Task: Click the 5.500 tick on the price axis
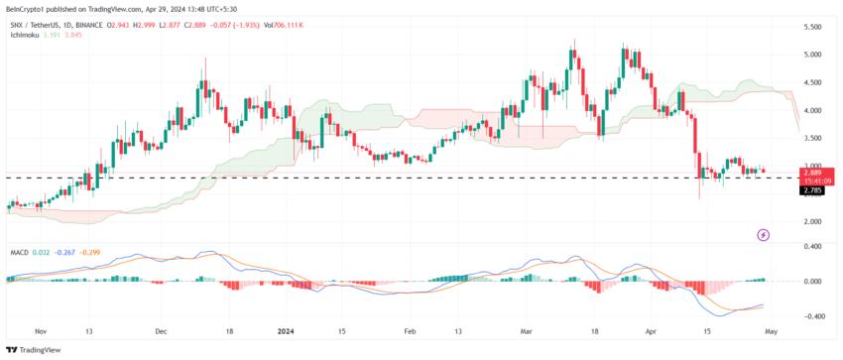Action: [812, 27]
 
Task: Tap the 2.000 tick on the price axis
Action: [812, 222]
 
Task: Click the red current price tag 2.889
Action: [812, 173]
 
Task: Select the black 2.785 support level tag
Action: [812, 190]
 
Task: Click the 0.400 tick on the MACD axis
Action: [812, 246]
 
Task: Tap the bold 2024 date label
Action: [287, 332]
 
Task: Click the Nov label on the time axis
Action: [40, 332]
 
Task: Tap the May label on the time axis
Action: [772, 332]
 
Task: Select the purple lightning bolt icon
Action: [764, 235]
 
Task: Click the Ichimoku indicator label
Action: [27, 34]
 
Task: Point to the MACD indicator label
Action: [20, 254]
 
